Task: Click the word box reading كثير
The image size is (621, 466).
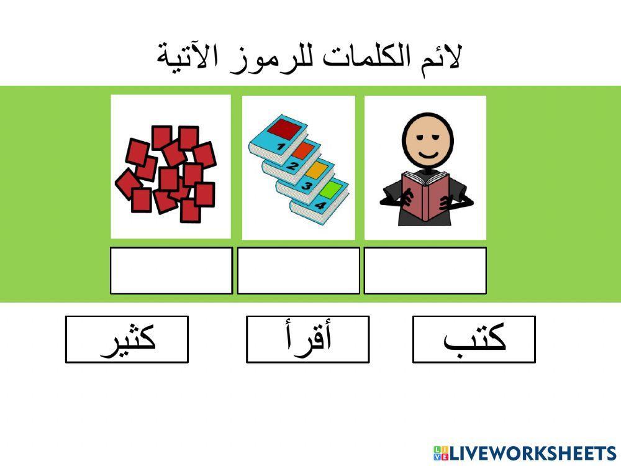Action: (127, 339)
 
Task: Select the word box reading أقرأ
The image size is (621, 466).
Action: (307, 339)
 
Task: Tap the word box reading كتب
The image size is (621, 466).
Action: (474, 339)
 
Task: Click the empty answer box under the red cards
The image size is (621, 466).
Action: (171, 270)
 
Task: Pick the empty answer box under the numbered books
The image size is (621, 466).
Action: (298, 270)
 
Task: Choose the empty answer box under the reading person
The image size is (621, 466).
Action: (425, 270)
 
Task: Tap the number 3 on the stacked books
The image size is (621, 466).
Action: (306, 185)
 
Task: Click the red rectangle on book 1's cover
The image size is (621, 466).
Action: (287, 129)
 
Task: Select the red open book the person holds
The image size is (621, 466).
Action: (425, 194)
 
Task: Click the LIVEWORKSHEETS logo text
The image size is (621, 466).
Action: (531, 452)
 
